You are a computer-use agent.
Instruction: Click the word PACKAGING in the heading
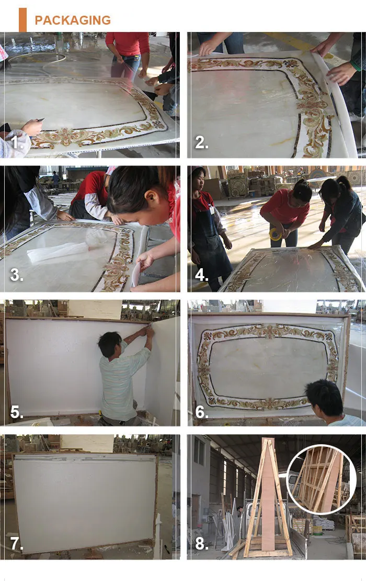(x=73, y=20)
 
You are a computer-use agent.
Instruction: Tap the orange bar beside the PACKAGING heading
(x=22, y=20)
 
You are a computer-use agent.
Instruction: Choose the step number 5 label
(x=17, y=412)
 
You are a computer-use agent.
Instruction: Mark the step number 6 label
(x=202, y=412)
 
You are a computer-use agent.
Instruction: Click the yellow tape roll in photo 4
(x=276, y=234)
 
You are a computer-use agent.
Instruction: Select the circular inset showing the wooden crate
(x=321, y=479)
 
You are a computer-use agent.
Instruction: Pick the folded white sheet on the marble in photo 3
(x=58, y=254)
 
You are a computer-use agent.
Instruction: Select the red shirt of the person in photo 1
(x=128, y=43)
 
